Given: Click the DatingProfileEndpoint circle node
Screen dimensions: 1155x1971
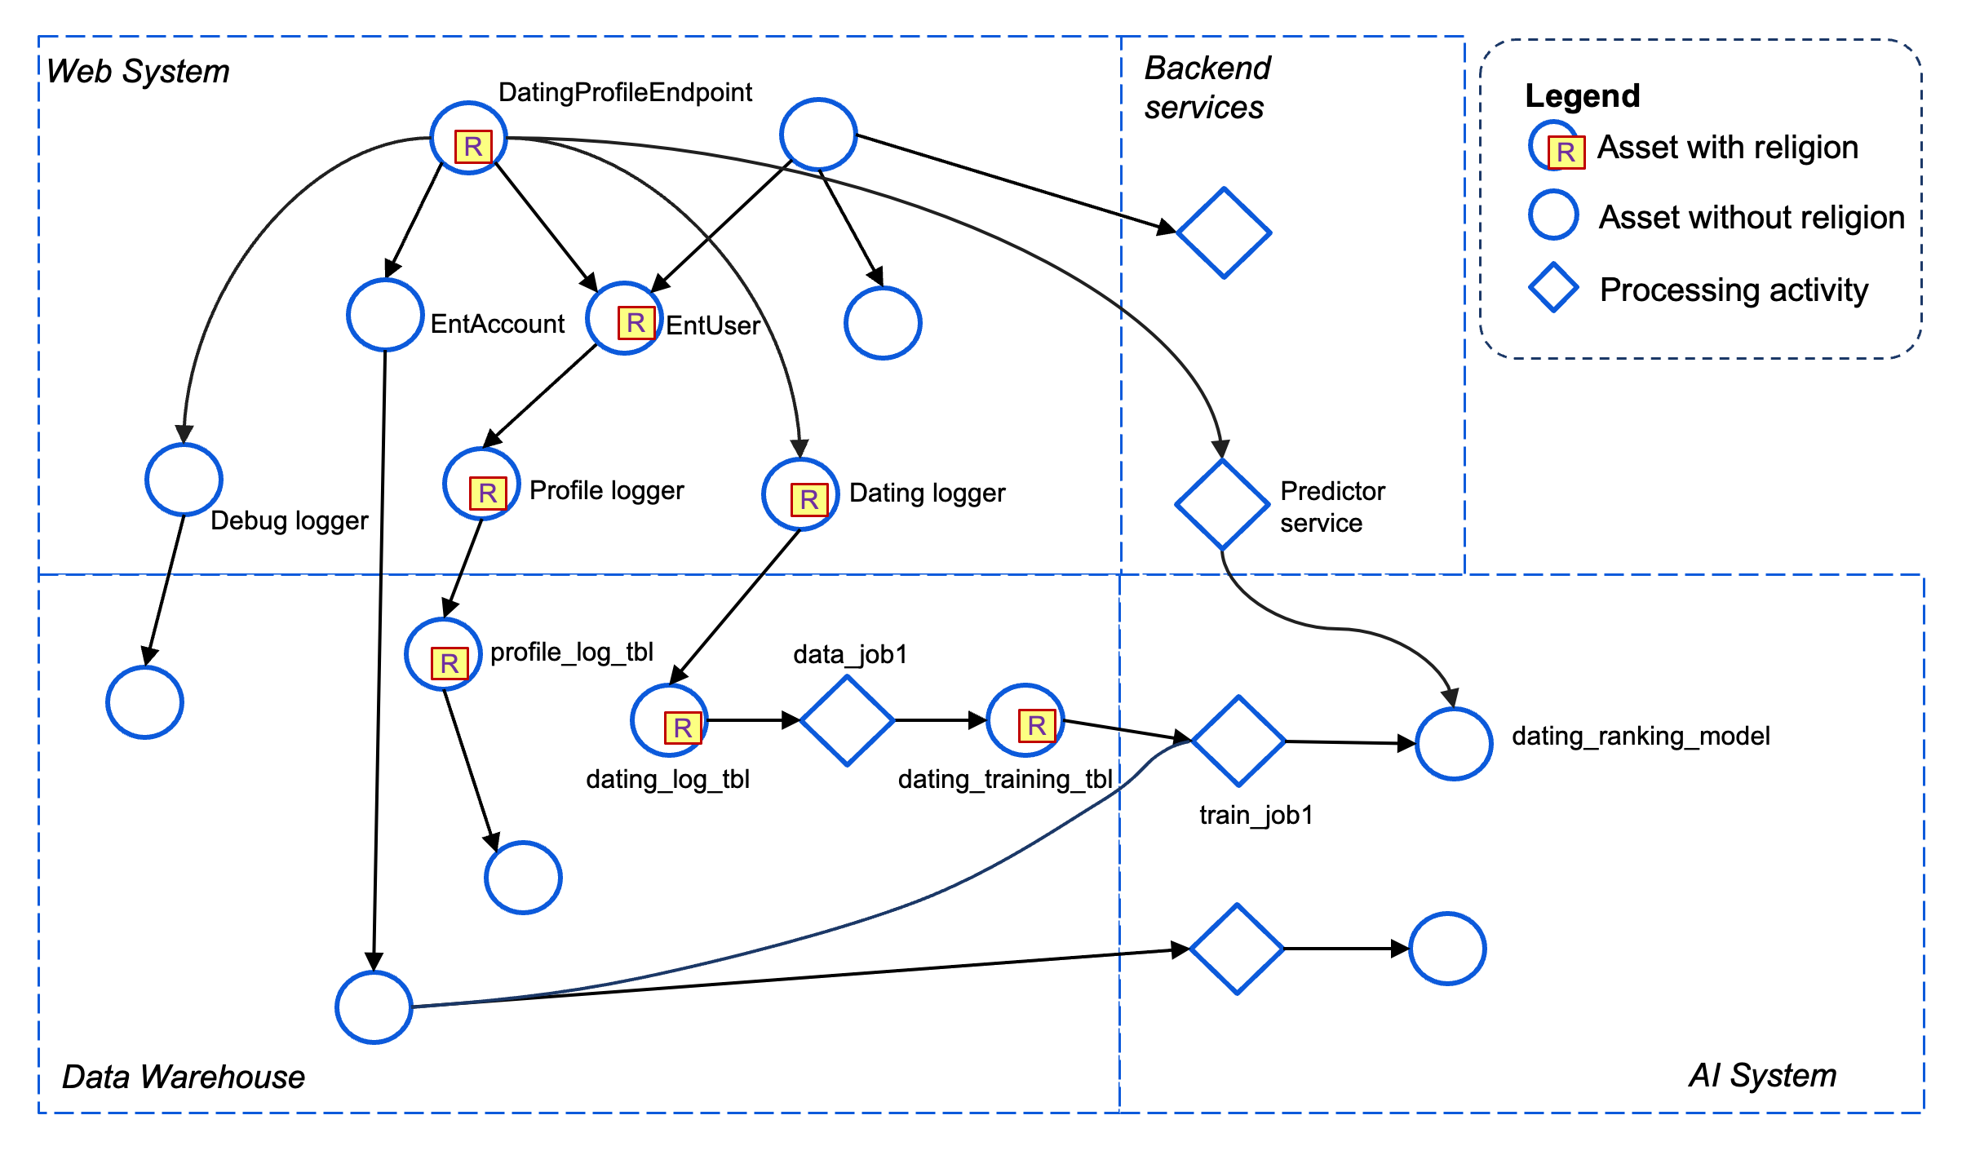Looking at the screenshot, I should pos(468,138).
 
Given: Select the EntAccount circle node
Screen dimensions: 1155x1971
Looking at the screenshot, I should pos(384,315).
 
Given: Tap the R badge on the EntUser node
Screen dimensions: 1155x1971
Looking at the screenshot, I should pos(636,322).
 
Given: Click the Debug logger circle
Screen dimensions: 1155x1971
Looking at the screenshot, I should pos(184,480).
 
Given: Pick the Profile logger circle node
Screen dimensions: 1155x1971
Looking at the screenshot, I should pos(481,484).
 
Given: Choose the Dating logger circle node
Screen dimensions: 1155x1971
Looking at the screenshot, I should pos(800,494).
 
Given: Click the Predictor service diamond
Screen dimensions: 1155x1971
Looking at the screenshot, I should pos(1221,505).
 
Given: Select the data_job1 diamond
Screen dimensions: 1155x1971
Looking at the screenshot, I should pos(847,720).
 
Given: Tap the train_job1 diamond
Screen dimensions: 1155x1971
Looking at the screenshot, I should pos(1238,741).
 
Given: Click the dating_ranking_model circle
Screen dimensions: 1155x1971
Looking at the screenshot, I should pos(1454,743).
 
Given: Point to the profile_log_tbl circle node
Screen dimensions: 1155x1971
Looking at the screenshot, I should pos(443,654).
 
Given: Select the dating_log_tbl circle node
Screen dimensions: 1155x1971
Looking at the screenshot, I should pos(669,720).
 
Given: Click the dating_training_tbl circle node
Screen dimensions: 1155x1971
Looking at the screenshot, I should pos(1025,720).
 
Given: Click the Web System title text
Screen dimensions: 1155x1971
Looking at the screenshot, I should pos(138,71).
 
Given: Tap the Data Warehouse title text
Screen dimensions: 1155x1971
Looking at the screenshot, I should pos(184,1077).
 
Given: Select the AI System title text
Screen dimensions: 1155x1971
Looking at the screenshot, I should pos(1762,1075).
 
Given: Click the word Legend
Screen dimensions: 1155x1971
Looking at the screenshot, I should pos(1582,95).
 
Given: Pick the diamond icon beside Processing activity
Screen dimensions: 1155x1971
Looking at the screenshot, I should pos(1553,288).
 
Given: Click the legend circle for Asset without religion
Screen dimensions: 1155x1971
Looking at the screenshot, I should pos(1553,215).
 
